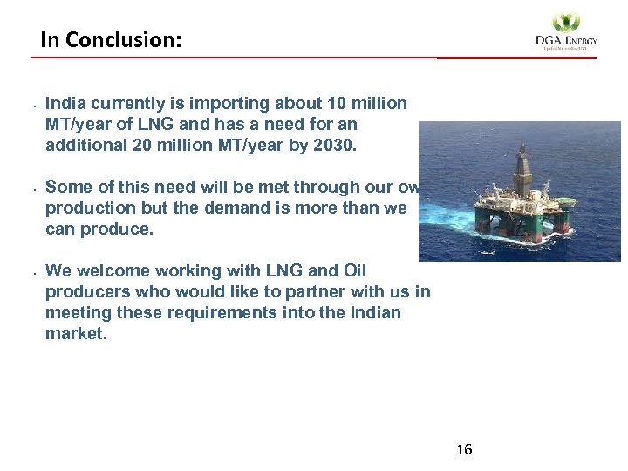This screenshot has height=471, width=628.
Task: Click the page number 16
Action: (x=464, y=450)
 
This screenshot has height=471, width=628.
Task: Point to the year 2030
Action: (x=334, y=146)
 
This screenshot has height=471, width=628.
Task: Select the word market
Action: (x=76, y=333)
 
